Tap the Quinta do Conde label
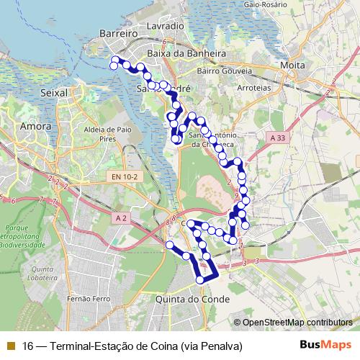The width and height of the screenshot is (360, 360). [192, 299]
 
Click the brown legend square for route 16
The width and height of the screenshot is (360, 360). [9, 346]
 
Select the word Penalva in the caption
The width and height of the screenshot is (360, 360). [219, 346]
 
